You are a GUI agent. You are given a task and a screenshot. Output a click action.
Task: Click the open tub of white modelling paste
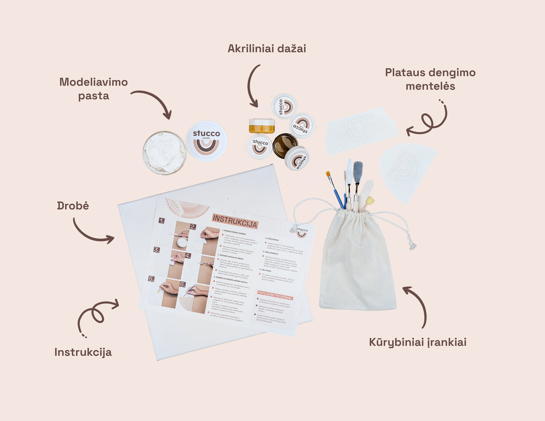(x=164, y=152)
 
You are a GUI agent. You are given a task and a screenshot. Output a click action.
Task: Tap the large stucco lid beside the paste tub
(x=206, y=141)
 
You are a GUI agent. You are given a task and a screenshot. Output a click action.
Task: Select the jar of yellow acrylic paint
(x=262, y=126)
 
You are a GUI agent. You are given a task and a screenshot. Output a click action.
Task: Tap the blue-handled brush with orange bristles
(x=334, y=189)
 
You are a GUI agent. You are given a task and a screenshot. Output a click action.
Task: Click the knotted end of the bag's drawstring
(x=412, y=246)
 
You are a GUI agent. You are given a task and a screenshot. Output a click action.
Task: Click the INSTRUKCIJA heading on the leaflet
(x=235, y=221)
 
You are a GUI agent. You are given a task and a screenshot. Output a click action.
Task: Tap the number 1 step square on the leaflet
(x=162, y=221)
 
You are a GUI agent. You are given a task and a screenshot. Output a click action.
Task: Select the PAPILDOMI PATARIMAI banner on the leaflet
(x=275, y=295)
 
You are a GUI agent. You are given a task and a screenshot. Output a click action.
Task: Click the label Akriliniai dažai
(x=267, y=48)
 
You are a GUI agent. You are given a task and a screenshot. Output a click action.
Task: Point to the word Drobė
(x=73, y=206)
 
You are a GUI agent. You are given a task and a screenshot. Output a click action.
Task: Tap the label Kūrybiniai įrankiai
(x=417, y=342)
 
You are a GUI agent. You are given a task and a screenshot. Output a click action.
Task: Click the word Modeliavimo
(x=93, y=82)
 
